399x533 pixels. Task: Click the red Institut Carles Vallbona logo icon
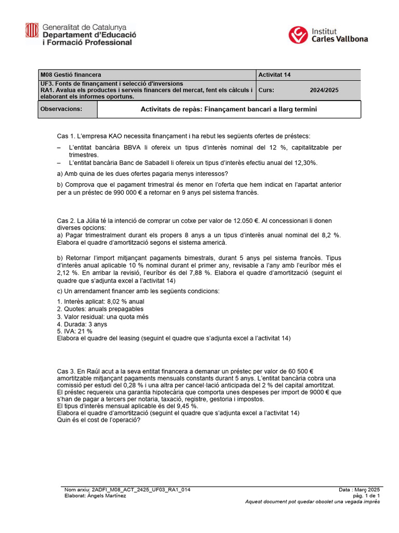click(x=298, y=35)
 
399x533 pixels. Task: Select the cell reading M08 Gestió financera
click(x=71, y=75)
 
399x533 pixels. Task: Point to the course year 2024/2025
click(x=324, y=90)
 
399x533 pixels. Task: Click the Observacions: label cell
click(x=61, y=109)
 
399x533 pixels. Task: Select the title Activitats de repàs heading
click(x=229, y=109)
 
